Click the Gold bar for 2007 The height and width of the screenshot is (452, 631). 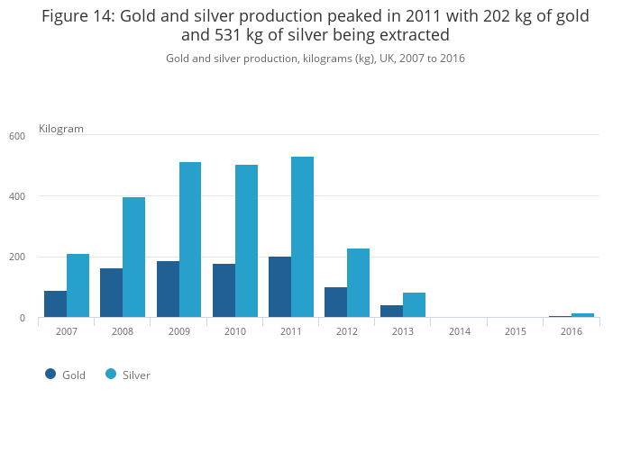[x=55, y=304]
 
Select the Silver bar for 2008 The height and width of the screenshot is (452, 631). [x=133, y=258]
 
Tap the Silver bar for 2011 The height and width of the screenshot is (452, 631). [x=302, y=237]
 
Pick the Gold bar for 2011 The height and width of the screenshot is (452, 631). [x=279, y=287]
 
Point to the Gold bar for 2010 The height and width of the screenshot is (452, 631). [x=224, y=291]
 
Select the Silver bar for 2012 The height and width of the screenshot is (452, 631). [x=358, y=283]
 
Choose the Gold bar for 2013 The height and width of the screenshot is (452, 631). [x=391, y=312]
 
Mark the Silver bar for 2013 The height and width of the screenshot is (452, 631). [x=414, y=305]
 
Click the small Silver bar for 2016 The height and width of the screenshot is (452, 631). [x=582, y=315]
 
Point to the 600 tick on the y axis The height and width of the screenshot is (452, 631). [x=17, y=136]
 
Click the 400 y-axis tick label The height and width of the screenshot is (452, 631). [x=17, y=196]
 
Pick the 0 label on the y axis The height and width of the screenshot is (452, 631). [x=23, y=318]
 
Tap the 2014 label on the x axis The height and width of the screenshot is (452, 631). [x=460, y=331]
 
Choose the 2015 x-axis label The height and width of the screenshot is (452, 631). [x=516, y=331]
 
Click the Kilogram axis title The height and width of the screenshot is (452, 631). [x=61, y=129]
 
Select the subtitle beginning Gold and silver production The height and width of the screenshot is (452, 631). [x=315, y=59]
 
